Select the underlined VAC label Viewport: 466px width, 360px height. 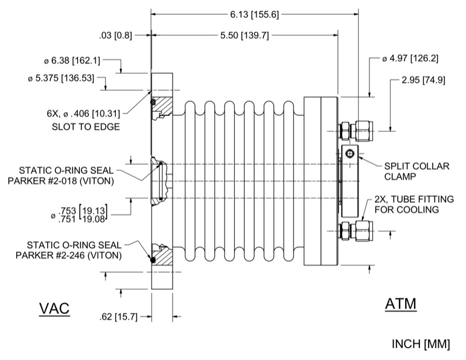[x=54, y=308]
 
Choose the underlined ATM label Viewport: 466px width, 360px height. [x=401, y=304]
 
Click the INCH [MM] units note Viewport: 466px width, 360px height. [x=421, y=344]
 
